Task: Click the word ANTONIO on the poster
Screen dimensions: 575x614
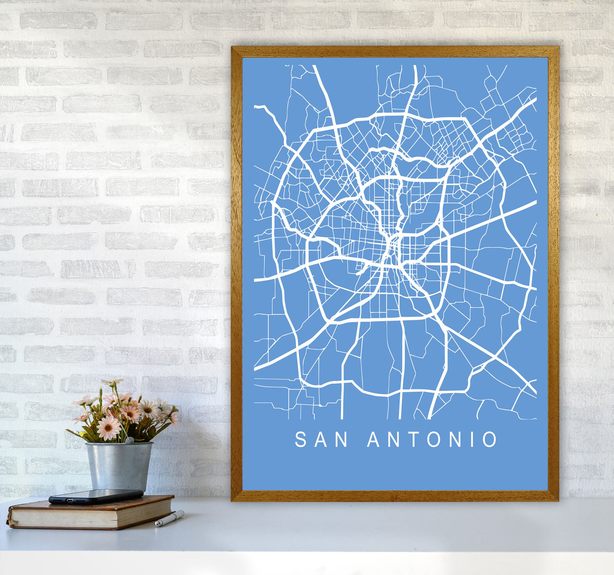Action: [432, 440]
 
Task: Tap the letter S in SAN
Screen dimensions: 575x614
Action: [300, 440]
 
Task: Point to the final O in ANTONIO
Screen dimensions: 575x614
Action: [490, 440]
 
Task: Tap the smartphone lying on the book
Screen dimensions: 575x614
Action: [96, 496]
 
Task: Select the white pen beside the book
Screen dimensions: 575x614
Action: [169, 519]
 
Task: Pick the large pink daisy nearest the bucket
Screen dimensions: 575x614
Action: [108, 428]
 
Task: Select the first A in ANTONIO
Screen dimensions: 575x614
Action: [373, 440]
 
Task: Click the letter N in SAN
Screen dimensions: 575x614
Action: [342, 440]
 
